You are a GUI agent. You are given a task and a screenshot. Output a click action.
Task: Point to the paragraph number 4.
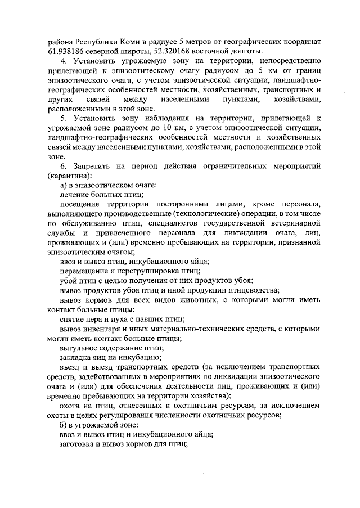point(62,61)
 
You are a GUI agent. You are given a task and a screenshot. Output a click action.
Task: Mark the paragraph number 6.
point(62,167)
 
